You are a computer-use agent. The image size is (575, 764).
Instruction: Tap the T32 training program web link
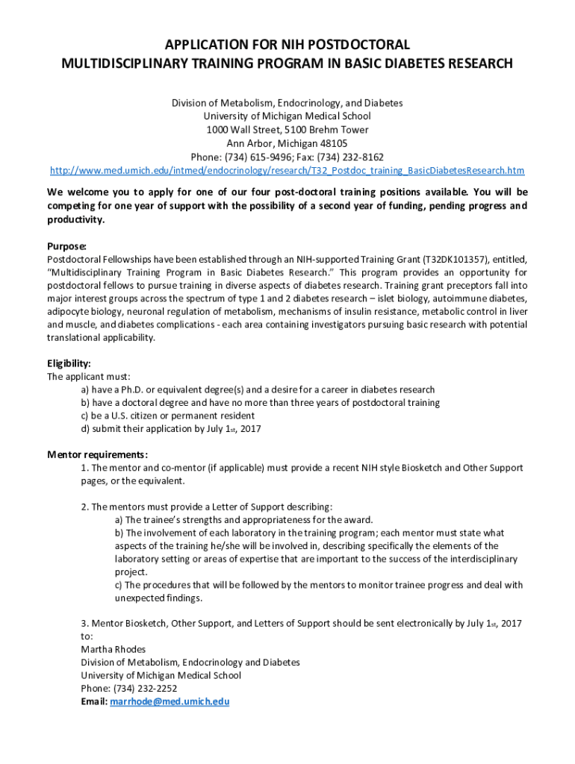tap(287, 170)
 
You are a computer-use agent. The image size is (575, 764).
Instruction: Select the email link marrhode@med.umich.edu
tap(170, 702)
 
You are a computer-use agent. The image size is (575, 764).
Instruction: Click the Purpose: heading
tap(67, 246)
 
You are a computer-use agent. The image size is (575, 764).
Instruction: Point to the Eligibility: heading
tap(69, 363)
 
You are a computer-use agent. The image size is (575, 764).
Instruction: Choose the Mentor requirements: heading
tap(97, 454)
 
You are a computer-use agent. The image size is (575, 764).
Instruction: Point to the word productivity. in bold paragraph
tap(75, 220)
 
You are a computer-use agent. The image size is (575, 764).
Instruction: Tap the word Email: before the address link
tap(94, 702)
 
